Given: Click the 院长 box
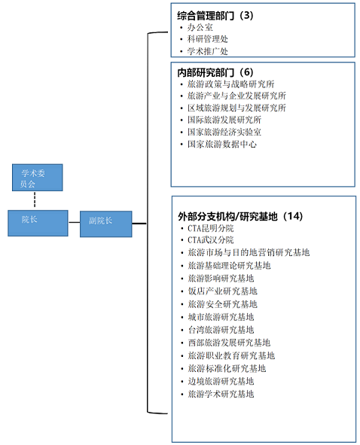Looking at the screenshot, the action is point(38,223).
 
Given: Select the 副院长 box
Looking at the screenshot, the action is point(106,224).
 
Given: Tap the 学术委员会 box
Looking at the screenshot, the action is point(37,178).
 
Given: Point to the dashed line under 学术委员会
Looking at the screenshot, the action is point(35,200).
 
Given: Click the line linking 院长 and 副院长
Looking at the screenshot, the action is point(74,222).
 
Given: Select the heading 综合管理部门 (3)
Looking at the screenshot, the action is point(215,15).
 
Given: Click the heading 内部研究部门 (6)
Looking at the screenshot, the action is point(215,72).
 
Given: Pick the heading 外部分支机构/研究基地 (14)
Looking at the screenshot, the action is point(240,216).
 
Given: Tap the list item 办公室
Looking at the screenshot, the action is point(200,28).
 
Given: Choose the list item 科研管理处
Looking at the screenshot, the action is point(208,39).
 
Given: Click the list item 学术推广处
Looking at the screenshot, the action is point(208,51).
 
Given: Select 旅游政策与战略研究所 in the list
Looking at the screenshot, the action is point(230,84).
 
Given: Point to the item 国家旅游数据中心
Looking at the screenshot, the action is point(222,144).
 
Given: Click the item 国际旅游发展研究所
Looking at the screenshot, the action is point(224,120).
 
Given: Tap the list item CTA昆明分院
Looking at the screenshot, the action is point(211,228).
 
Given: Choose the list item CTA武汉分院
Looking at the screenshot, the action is point(211,240).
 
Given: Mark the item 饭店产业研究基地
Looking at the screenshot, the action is point(223,291).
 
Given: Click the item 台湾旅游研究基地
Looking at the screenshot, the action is point(221,330).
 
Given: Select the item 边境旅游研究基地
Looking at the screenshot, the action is point(221,381).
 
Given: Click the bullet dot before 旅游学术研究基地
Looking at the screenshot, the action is point(182,395).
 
